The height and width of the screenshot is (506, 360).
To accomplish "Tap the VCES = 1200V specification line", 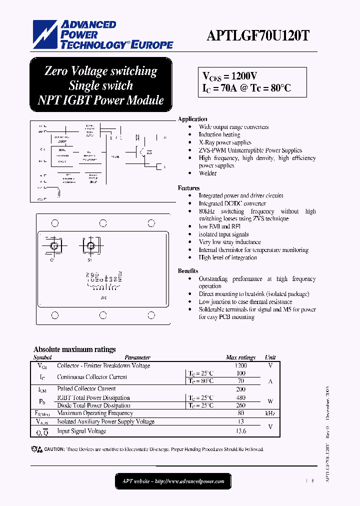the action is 229,76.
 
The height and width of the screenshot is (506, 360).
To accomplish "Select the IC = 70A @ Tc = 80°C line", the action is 246,88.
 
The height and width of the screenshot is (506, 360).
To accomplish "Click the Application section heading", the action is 192,119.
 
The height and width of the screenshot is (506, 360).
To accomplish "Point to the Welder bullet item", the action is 207,173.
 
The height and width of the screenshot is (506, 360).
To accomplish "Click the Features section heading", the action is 188,188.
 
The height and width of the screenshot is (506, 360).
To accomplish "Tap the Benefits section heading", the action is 188,271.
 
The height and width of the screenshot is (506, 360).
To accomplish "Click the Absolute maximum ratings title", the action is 74,349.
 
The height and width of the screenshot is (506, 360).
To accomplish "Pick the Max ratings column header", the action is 240,357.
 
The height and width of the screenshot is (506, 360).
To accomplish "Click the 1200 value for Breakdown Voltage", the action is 240,365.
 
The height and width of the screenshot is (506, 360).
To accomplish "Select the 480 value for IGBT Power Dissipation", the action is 240,398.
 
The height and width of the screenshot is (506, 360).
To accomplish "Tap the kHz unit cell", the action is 270,413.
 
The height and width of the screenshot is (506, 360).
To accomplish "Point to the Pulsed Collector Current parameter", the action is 86,388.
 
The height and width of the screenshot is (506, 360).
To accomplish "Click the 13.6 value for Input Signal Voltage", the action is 240,431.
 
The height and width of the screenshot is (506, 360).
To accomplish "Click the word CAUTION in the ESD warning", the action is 54,449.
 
